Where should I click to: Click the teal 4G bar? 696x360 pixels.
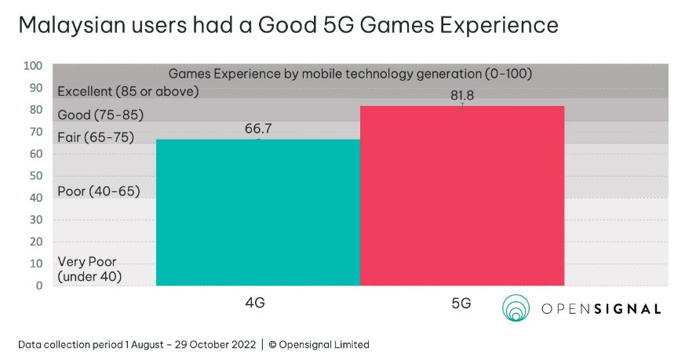258,212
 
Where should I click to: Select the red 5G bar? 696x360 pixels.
461,196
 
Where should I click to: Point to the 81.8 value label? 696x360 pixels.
461,96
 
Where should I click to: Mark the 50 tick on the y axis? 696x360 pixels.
35,176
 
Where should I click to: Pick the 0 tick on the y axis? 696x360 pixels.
38,285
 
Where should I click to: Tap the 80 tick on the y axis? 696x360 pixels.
35,110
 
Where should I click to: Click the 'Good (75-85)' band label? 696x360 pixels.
100,115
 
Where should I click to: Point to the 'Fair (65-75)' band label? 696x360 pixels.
97,137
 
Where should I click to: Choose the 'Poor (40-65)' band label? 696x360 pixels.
98,191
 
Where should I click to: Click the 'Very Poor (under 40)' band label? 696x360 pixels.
89,269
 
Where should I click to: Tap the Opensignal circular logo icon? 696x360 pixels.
517,308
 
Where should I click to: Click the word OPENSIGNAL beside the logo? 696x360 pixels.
601,309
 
